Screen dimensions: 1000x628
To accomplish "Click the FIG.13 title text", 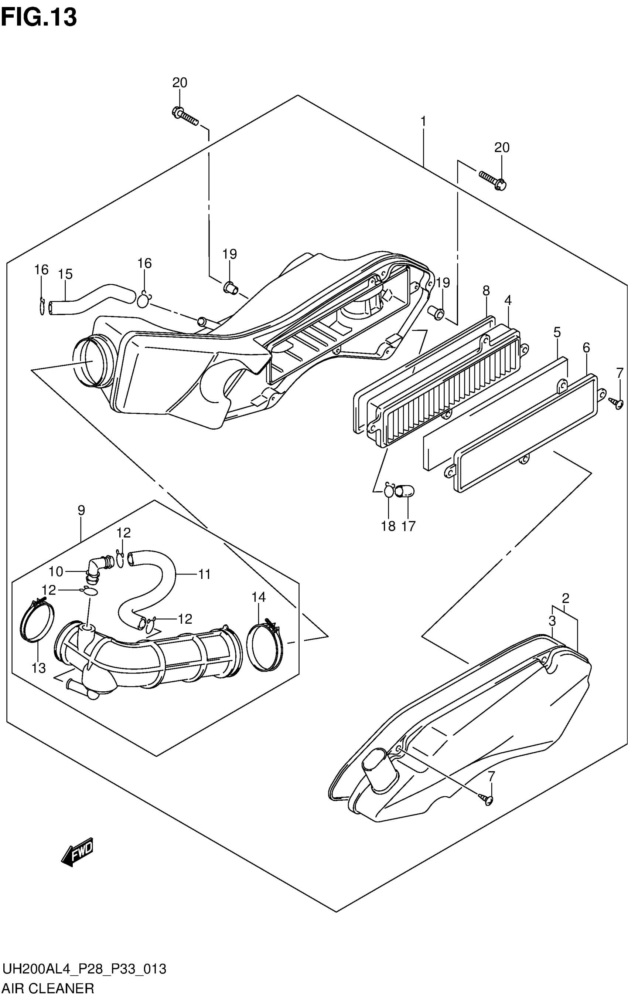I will [x=39, y=17].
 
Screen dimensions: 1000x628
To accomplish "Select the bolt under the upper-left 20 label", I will [x=185, y=116].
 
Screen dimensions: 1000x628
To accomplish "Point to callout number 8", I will [x=486, y=291].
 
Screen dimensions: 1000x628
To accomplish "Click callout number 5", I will [x=557, y=332].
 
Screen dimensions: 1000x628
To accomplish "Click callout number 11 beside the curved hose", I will [x=204, y=574].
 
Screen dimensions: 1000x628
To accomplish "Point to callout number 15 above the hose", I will [x=65, y=274].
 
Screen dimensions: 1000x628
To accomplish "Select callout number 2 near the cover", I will [x=565, y=599].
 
